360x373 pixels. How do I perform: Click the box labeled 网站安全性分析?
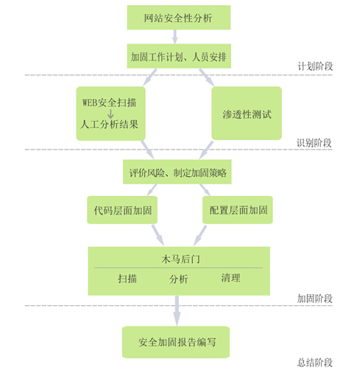(x=179, y=18)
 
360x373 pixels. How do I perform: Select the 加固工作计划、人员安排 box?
(x=179, y=56)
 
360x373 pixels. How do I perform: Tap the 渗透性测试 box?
(x=247, y=114)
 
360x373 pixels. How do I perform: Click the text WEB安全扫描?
(x=109, y=102)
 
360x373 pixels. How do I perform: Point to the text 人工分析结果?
(x=109, y=125)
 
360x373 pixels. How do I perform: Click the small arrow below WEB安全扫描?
(x=110, y=114)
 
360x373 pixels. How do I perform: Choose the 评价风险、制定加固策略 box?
(x=177, y=172)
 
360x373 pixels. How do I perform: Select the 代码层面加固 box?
(x=122, y=210)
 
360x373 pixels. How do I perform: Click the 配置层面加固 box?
(x=238, y=210)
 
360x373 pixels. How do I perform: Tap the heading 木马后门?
(x=180, y=259)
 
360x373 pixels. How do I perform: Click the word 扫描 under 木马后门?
(x=127, y=279)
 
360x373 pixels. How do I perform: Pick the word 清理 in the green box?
(x=230, y=278)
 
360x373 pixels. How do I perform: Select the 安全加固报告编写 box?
(x=176, y=342)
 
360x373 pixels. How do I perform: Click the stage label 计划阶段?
(x=315, y=66)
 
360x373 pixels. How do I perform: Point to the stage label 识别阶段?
(x=314, y=142)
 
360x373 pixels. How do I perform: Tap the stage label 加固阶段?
(x=315, y=299)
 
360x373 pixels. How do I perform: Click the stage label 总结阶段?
(x=315, y=363)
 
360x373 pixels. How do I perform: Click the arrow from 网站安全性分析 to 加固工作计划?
(x=175, y=37)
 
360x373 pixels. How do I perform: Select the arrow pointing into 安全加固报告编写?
(x=177, y=310)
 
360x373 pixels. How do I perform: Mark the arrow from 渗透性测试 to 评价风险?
(x=206, y=150)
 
